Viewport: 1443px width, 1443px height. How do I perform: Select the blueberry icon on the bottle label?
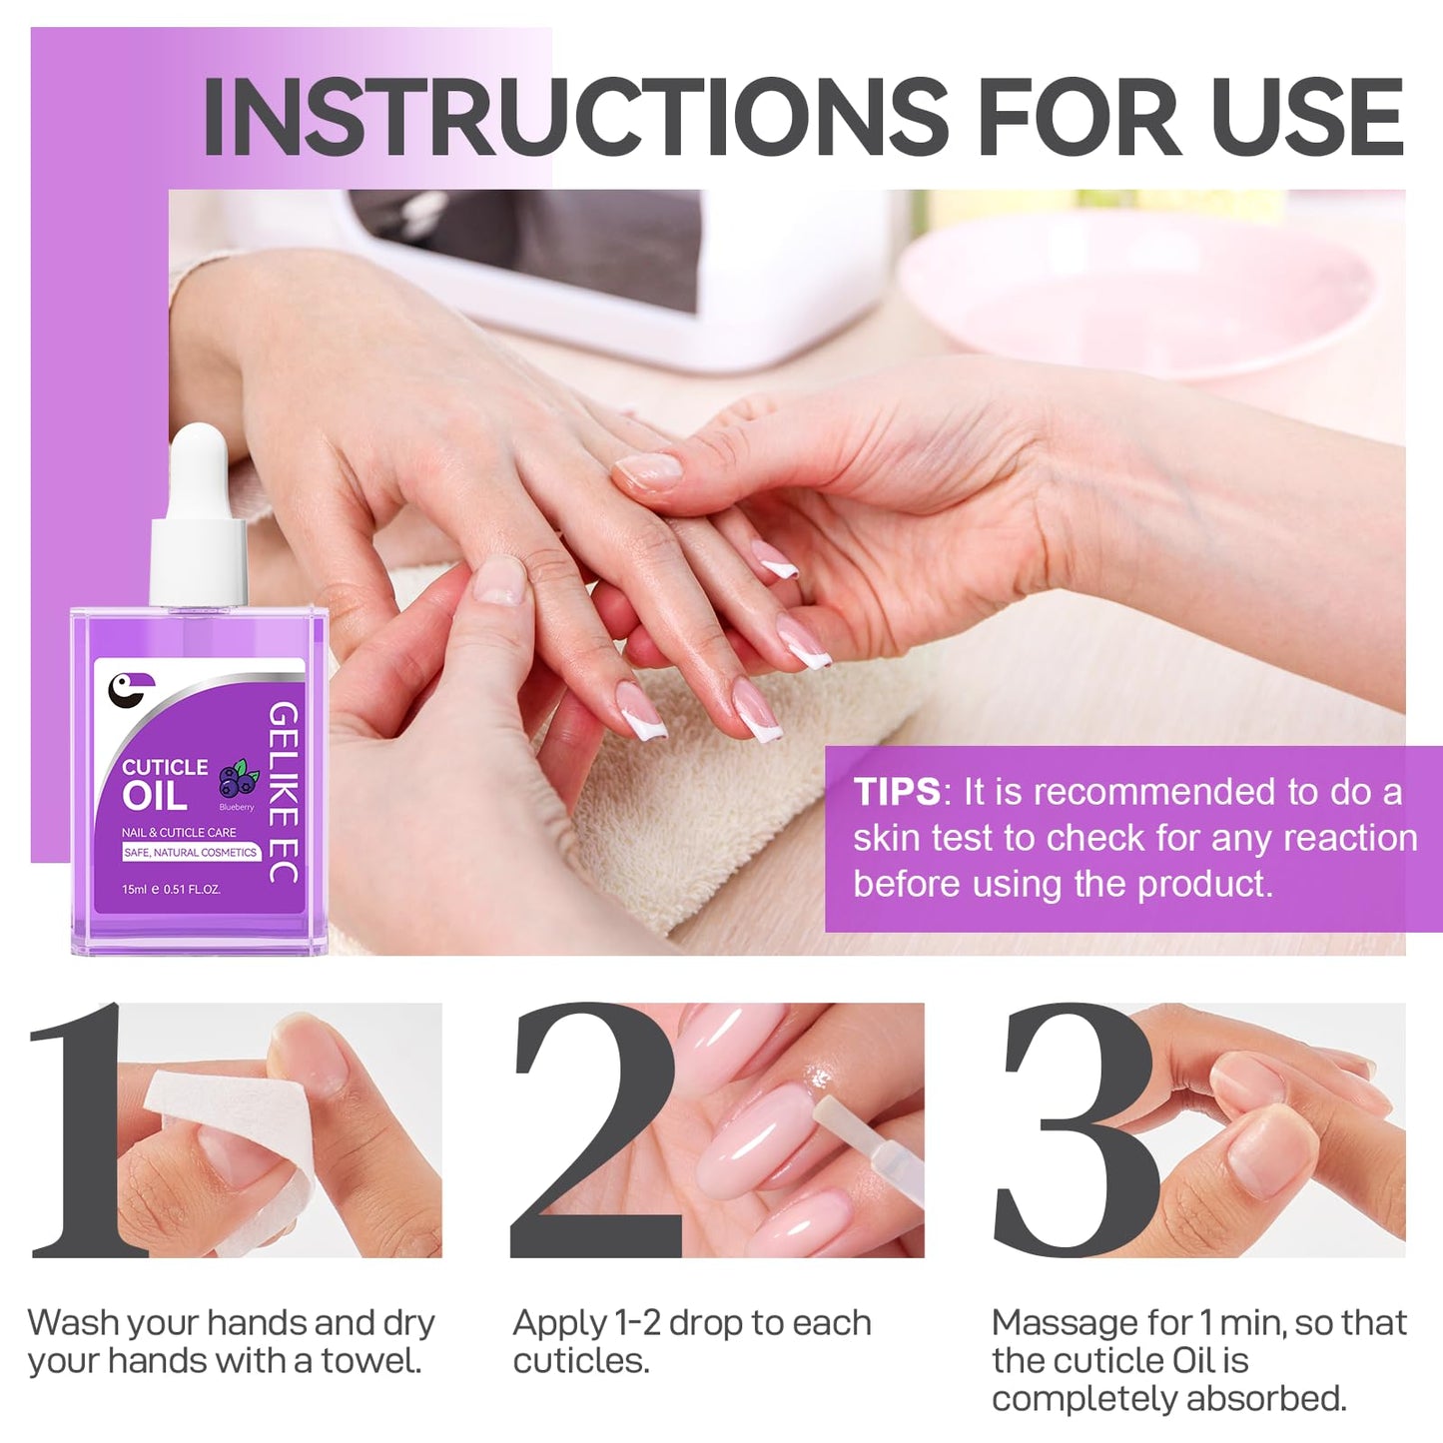(x=238, y=779)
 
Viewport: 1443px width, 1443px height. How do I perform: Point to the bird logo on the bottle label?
(x=130, y=688)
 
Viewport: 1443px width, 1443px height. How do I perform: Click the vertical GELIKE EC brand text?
(x=284, y=791)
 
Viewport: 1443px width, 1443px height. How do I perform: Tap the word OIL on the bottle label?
(x=154, y=797)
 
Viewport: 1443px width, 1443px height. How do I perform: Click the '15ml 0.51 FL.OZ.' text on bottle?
(x=171, y=889)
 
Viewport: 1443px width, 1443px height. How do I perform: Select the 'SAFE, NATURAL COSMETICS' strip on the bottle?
(x=191, y=852)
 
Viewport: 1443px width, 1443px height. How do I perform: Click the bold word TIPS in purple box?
(x=896, y=792)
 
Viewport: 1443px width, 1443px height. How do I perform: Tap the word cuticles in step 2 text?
(x=580, y=1361)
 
